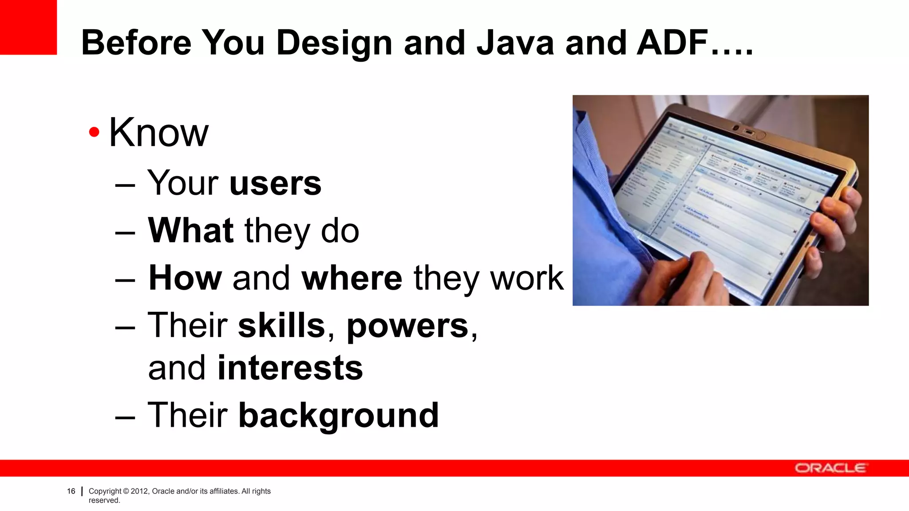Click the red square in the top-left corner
(28, 27)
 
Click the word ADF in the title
(672, 43)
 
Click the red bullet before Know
(94, 132)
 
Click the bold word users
(275, 183)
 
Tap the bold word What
(191, 231)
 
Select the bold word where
(352, 278)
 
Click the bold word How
(185, 278)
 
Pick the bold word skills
(282, 326)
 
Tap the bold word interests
(290, 368)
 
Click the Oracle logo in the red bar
(830, 468)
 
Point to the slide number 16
(71, 491)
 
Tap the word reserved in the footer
(104, 500)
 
